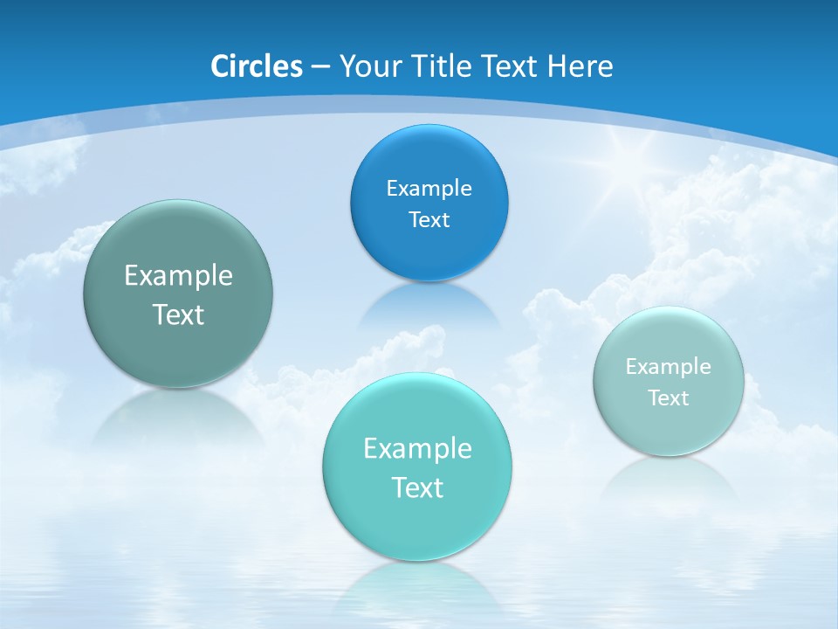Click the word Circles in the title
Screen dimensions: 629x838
256,66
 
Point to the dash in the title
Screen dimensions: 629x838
319,67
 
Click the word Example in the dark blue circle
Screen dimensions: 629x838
429,188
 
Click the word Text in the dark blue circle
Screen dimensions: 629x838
429,219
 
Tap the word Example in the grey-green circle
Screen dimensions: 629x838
178,275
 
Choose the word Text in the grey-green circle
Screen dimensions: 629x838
178,314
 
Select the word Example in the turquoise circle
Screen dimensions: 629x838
417,448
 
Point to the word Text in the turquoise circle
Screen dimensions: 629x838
417,487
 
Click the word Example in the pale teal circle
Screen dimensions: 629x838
669,366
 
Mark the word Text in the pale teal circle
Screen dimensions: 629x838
669,397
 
